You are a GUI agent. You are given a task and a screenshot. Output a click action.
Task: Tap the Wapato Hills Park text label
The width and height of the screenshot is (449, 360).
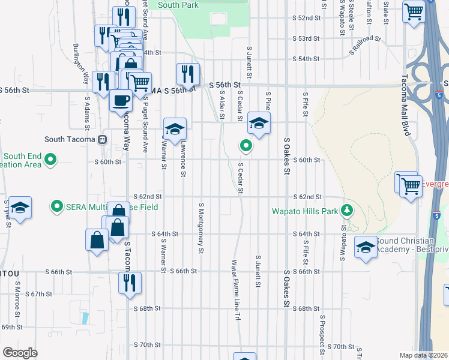(x=306, y=211)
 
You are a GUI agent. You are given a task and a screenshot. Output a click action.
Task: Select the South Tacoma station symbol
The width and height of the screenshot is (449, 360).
(x=102, y=140)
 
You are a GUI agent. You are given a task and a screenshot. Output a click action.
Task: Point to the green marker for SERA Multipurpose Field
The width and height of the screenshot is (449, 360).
(x=57, y=206)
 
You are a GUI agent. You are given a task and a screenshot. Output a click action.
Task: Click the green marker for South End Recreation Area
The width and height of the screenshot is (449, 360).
(x=50, y=160)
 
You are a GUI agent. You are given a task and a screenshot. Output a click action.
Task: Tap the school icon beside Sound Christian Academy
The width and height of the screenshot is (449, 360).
(x=365, y=247)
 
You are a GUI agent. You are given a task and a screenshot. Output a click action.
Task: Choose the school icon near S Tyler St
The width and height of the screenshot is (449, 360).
(x=20, y=208)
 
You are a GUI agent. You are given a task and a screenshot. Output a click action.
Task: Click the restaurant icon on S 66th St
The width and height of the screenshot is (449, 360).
(x=130, y=282)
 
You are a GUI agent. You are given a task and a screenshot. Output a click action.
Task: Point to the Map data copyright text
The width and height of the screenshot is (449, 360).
(x=424, y=355)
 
